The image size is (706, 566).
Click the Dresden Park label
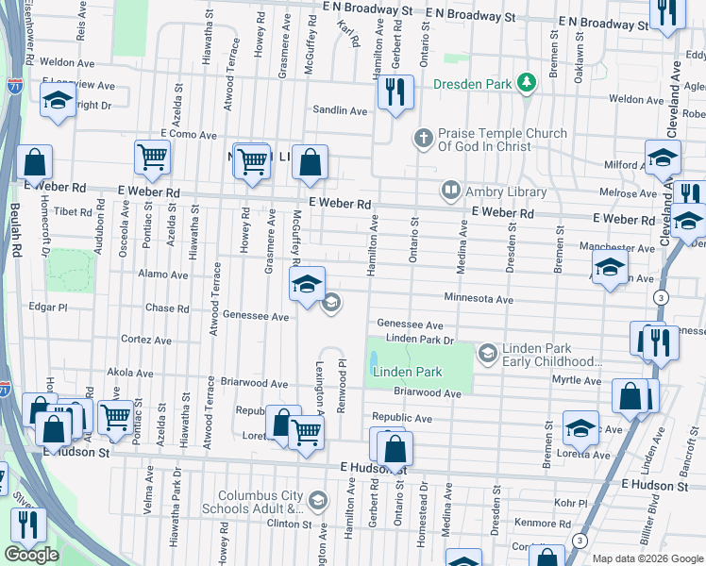coord(471,84)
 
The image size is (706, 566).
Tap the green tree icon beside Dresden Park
coord(526,84)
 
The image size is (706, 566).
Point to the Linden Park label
coord(407,372)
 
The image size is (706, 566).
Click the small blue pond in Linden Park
coord(375,359)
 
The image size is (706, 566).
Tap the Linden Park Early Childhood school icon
coord(487,355)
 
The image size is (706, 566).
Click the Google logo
coord(32,554)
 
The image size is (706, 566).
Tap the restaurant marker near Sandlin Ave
coord(395,92)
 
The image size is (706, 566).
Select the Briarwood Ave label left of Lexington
coord(254,384)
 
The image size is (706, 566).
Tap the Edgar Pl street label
coord(48,307)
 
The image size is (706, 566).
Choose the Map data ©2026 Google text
coord(647,558)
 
